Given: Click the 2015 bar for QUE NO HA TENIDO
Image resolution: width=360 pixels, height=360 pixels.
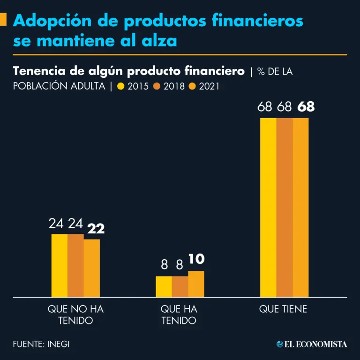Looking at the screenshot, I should [59, 265].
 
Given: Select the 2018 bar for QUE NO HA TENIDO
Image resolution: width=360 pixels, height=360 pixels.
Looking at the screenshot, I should [75, 265].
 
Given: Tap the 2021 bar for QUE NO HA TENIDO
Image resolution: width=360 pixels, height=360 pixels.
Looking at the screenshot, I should [92, 268].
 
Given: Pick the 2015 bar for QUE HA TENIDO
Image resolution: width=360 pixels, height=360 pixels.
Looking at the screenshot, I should [164, 286].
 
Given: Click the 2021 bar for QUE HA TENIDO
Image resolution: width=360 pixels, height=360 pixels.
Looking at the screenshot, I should [196, 284].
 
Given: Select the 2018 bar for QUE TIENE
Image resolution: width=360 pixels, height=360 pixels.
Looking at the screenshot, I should [285, 207].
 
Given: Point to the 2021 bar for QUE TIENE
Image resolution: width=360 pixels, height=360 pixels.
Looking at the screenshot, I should [301, 207].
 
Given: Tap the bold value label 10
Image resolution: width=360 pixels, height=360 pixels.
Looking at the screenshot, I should [196, 259].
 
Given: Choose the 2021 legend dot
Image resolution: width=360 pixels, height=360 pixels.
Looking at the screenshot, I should [192, 86].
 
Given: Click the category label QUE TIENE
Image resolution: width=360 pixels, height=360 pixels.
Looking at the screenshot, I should [284, 309].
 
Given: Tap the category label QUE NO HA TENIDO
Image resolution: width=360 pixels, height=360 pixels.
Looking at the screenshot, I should [75, 315].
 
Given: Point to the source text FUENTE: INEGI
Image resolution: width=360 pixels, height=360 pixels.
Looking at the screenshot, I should [41, 344].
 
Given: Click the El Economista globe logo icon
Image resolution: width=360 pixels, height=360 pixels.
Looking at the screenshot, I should [280, 344].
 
